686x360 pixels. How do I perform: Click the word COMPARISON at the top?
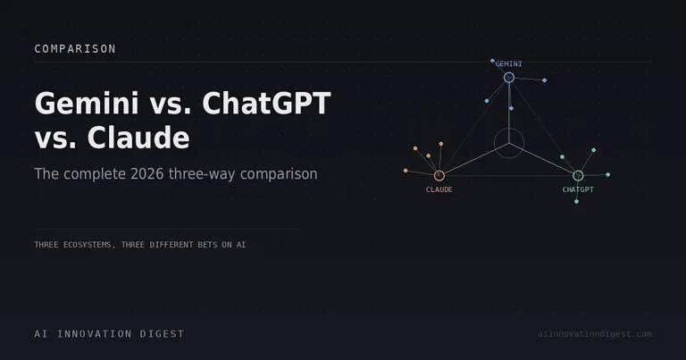pyautogui.click(x=75, y=48)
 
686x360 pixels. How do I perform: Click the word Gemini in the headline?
pyautogui.click(x=87, y=104)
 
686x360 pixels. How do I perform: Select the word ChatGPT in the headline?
pyautogui.click(x=266, y=104)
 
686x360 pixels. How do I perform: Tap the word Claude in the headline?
pyautogui.click(x=138, y=138)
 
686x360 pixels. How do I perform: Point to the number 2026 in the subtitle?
pyautogui.click(x=147, y=173)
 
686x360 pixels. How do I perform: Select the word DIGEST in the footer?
pyautogui.click(x=162, y=334)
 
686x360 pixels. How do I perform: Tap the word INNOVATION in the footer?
pyautogui.click(x=95, y=334)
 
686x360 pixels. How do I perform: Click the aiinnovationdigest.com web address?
pyautogui.click(x=595, y=334)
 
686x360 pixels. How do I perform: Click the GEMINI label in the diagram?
pyautogui.click(x=508, y=63)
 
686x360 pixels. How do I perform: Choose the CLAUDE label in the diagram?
pyautogui.click(x=439, y=189)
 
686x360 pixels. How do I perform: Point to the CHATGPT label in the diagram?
pyautogui.click(x=578, y=189)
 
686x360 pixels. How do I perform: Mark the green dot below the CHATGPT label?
pyautogui.click(x=576, y=202)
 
